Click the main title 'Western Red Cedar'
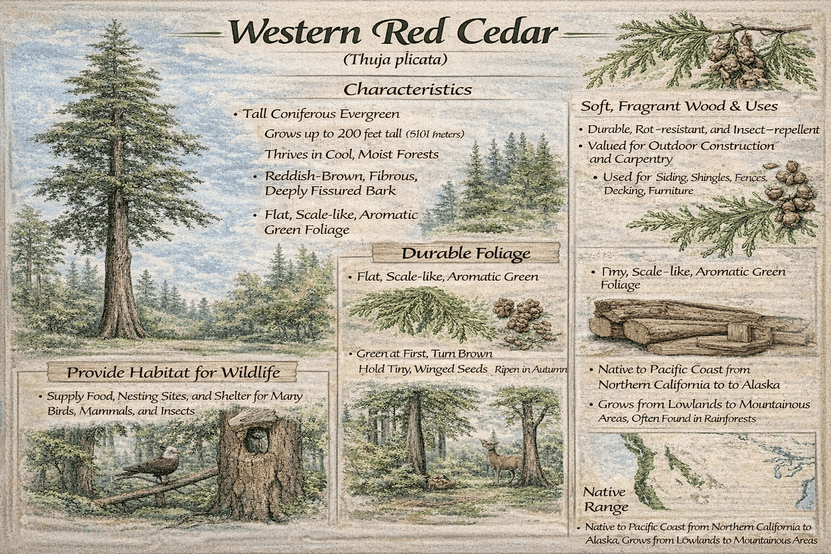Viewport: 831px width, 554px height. (x=393, y=32)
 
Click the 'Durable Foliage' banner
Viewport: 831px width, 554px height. (x=465, y=253)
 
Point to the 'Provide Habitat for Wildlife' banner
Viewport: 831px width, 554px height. (x=173, y=373)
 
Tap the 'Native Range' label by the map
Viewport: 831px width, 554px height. (x=605, y=499)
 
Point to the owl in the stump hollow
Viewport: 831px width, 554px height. (x=258, y=439)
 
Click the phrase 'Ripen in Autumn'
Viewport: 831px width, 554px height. (x=530, y=370)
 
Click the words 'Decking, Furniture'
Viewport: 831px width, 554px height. (x=648, y=190)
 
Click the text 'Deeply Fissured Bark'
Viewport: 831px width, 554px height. (x=328, y=190)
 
